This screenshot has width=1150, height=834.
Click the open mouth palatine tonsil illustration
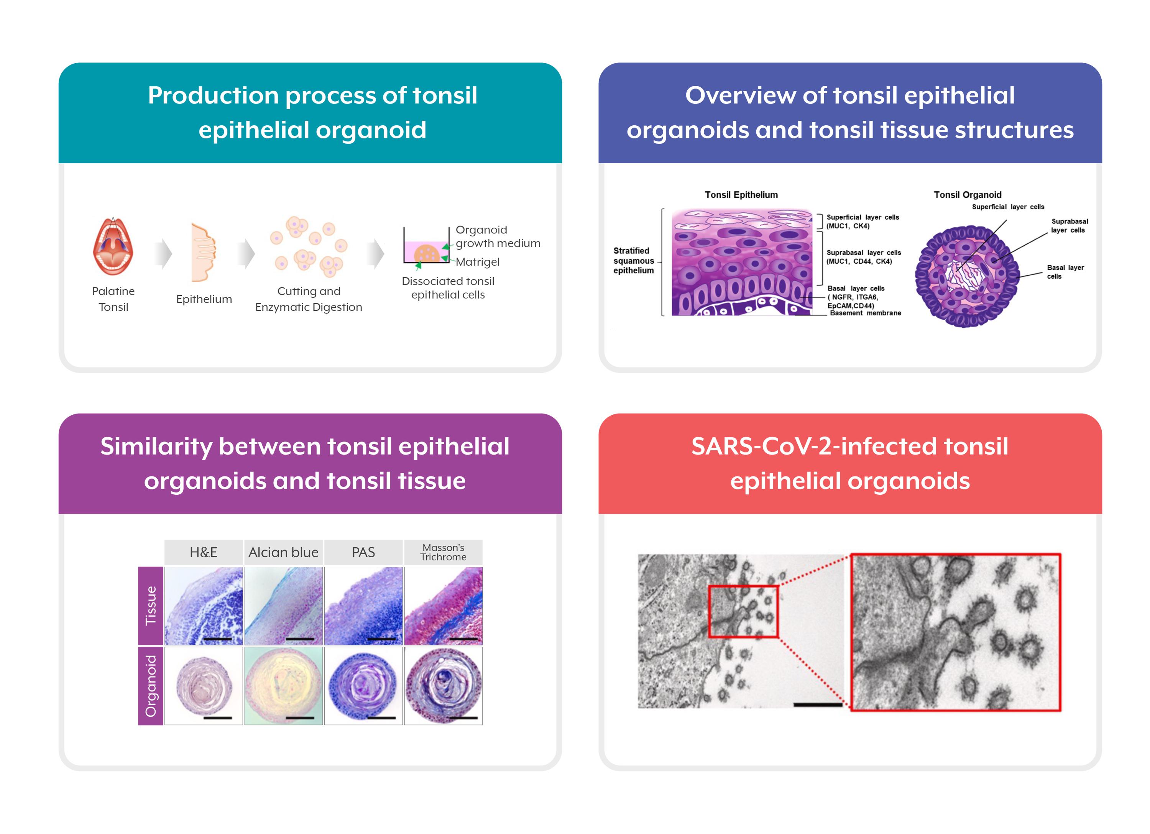pyautogui.click(x=113, y=247)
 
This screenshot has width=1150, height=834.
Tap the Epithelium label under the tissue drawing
pyautogui.click(x=204, y=299)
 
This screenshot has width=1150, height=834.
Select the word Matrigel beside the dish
pyautogui.click(x=477, y=262)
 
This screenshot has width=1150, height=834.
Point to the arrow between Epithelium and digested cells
pyautogui.click(x=246, y=253)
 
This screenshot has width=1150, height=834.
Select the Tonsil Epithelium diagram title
pyautogui.click(x=741, y=195)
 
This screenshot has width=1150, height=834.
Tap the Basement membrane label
pyautogui.click(x=865, y=313)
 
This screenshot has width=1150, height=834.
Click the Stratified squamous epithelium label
pyautogui.click(x=633, y=261)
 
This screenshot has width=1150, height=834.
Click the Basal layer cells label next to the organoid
pyautogui.click(x=1065, y=272)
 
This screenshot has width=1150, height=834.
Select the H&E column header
pyautogui.click(x=203, y=552)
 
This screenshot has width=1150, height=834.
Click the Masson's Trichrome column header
pyautogui.click(x=443, y=552)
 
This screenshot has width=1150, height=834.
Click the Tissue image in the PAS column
pyautogui.click(x=363, y=606)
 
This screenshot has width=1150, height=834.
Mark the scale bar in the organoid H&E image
pyautogui.click(x=217, y=717)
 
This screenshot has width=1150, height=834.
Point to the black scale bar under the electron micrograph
pyautogui.click(x=817, y=705)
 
